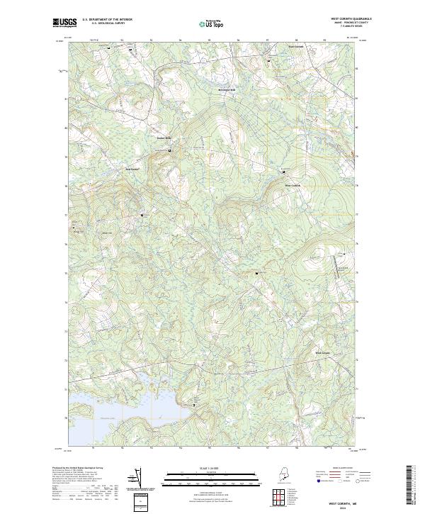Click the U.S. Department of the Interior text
pos(107,19)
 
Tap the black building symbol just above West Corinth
pos(283,170)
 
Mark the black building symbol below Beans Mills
pos(169,151)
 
